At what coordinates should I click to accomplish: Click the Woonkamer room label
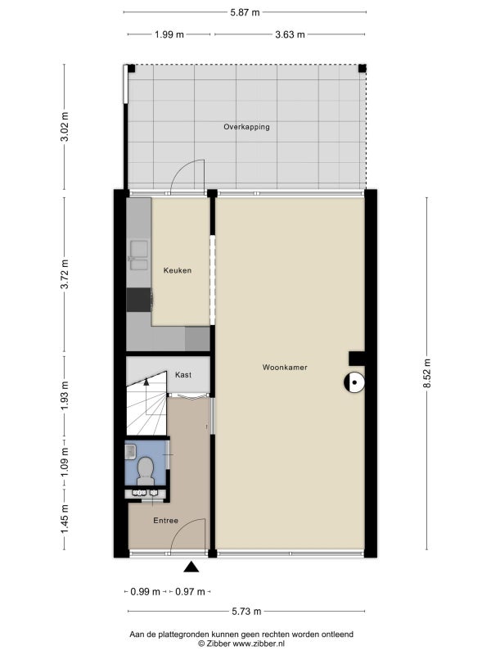[x=285, y=368]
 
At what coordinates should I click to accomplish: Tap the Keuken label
[x=178, y=271]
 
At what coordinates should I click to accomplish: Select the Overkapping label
[x=246, y=127]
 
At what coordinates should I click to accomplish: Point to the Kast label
[x=183, y=375]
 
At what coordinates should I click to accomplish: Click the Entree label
[x=166, y=521]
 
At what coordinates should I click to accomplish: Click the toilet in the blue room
[x=146, y=471]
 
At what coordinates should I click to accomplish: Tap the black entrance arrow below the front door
[x=191, y=567]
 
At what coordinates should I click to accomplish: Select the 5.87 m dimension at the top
[x=245, y=12]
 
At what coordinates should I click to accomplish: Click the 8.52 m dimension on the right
[x=426, y=373]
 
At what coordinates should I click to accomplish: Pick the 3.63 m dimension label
[x=290, y=34]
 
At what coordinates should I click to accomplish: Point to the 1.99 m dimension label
[x=169, y=34]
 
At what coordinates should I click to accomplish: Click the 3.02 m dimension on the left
[x=65, y=127]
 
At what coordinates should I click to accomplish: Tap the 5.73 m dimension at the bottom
[x=246, y=612]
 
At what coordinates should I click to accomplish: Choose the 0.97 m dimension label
[x=190, y=591]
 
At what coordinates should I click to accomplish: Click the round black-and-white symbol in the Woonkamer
[x=354, y=382]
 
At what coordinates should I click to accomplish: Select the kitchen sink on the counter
[x=139, y=255]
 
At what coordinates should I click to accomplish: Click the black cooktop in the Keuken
[x=138, y=300]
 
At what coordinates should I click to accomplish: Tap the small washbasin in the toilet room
[x=130, y=451]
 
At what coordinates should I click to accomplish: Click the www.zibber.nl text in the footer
[x=259, y=644]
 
